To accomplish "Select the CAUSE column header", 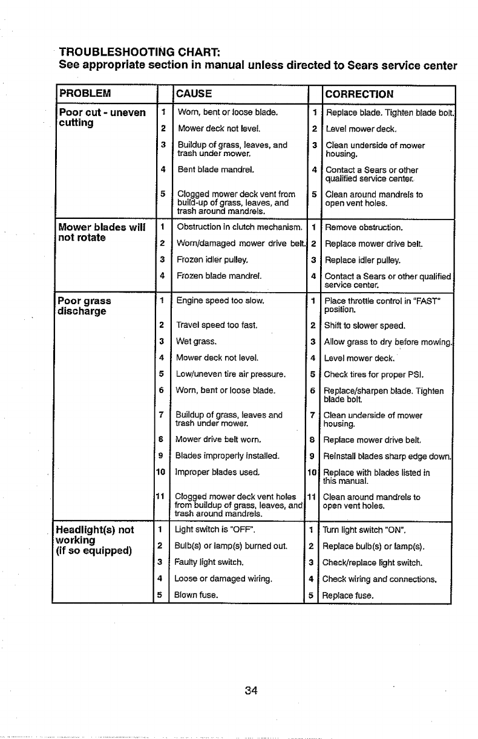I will coord(193,94).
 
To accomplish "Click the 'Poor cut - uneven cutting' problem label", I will coord(102,118).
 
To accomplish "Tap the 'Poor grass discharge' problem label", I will coord(85,306).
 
